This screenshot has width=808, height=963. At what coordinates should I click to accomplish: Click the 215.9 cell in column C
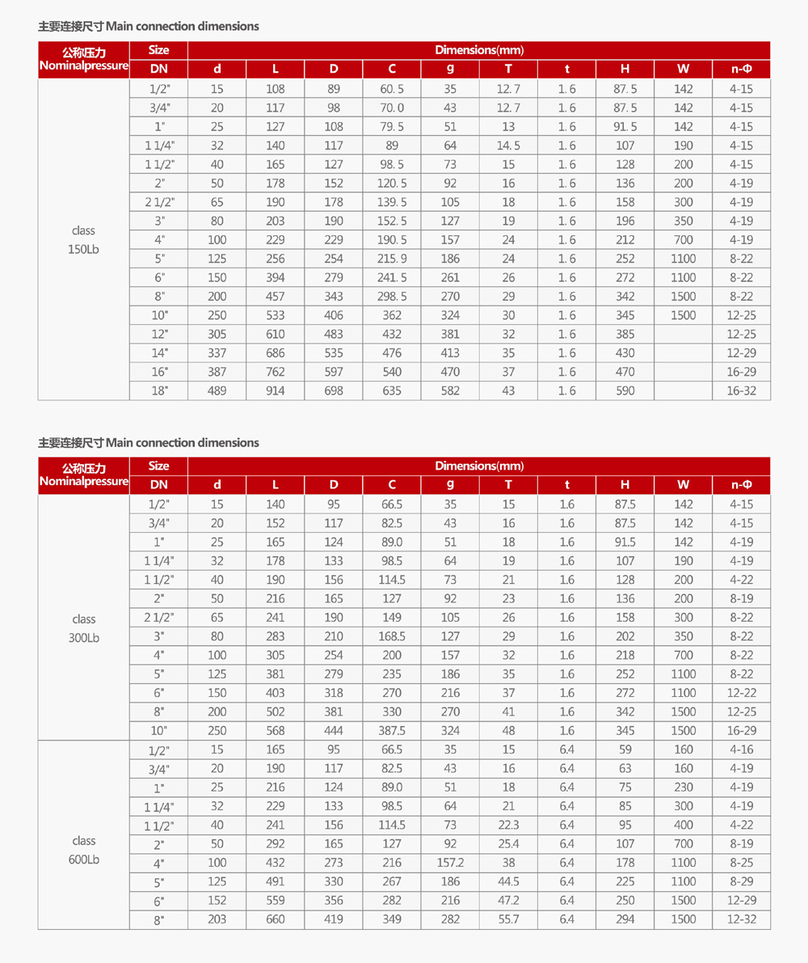[x=392, y=259]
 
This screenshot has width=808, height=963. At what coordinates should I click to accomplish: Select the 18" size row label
[x=158, y=391]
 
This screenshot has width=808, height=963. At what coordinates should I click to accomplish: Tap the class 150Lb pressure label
[x=84, y=240]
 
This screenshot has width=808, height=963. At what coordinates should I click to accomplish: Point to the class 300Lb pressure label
[x=84, y=628]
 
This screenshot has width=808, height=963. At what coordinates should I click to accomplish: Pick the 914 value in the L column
[x=276, y=391]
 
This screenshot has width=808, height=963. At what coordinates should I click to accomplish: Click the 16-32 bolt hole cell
[x=741, y=391]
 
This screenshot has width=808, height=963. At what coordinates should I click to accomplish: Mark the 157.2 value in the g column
[x=450, y=863]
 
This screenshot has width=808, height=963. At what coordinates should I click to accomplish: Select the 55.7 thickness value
[x=508, y=919]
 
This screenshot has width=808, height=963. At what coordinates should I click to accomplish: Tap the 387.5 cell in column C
[x=392, y=730]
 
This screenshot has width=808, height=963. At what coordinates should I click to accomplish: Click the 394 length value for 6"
[x=276, y=277]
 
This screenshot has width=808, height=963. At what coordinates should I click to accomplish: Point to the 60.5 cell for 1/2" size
[x=392, y=89]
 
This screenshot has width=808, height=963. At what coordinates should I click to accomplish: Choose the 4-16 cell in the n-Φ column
[x=741, y=750]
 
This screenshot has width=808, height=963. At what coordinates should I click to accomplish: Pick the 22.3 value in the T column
[x=508, y=825]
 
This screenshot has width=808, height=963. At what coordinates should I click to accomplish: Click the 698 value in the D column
[x=334, y=391]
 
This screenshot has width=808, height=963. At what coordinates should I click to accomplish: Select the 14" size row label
[x=158, y=353]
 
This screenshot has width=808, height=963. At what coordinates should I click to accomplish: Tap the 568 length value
[x=276, y=730]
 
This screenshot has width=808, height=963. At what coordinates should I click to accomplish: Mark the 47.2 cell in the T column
[x=508, y=901]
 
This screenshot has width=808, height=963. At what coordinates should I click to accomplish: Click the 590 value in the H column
[x=625, y=391]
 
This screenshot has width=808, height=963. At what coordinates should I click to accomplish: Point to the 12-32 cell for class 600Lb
[x=741, y=919]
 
